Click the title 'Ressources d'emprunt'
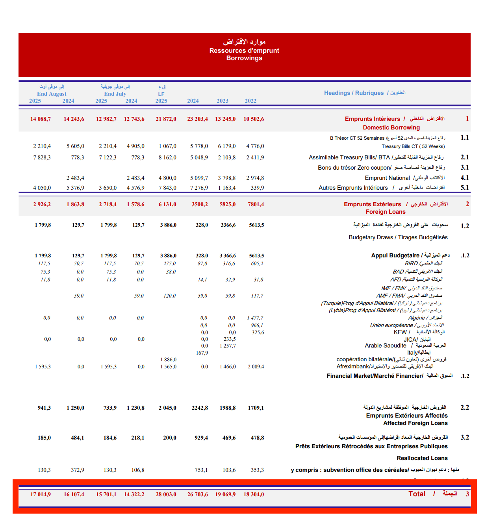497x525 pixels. pyautogui.click(x=244, y=50)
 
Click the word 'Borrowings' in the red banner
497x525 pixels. pyautogui.click(x=244, y=58)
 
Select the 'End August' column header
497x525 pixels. pyautogui.click(x=52, y=94)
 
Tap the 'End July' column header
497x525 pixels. pyautogui.click(x=115, y=94)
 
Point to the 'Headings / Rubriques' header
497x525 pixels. pyautogui.click(x=354, y=93)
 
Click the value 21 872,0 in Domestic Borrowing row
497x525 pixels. pyautogui.click(x=166, y=119)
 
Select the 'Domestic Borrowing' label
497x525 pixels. pyautogui.click(x=391, y=128)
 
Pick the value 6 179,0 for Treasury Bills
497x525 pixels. pyautogui.click(x=227, y=146)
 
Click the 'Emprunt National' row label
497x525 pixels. pyautogui.click(x=387, y=178)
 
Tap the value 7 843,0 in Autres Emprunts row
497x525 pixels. pyautogui.click(x=167, y=188)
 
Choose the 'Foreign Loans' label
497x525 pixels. pyautogui.click(x=385, y=212)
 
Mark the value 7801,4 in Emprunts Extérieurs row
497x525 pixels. pyautogui.click(x=256, y=204)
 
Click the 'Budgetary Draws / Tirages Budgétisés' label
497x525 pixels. pyautogui.click(x=398, y=237)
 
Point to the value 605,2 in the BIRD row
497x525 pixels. pyautogui.click(x=257, y=264)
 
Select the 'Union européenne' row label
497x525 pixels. pyautogui.click(x=391, y=325)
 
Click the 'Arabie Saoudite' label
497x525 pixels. pyautogui.click(x=385, y=346)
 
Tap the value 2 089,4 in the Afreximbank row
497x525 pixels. pyautogui.click(x=256, y=366)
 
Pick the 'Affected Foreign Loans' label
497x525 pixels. pyautogui.click(x=415, y=423)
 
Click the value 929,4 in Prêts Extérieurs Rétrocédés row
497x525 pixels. pyautogui.click(x=201, y=438)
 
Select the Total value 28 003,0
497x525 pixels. pyautogui.click(x=166, y=494)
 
